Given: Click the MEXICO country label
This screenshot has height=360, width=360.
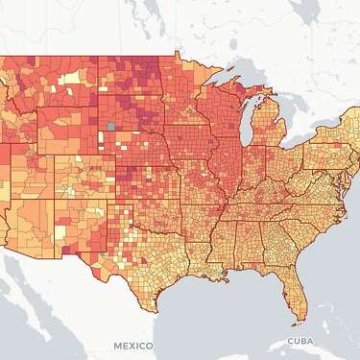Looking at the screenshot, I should (132, 344).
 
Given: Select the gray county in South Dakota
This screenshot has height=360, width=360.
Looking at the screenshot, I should (112, 126).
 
